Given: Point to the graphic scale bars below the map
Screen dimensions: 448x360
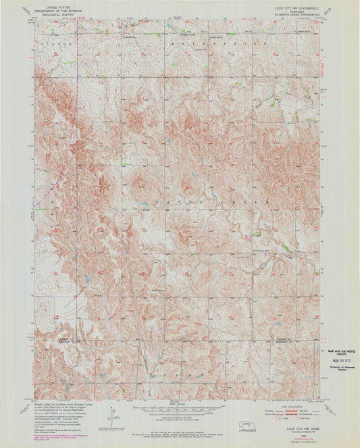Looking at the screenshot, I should [x=178, y=410].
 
